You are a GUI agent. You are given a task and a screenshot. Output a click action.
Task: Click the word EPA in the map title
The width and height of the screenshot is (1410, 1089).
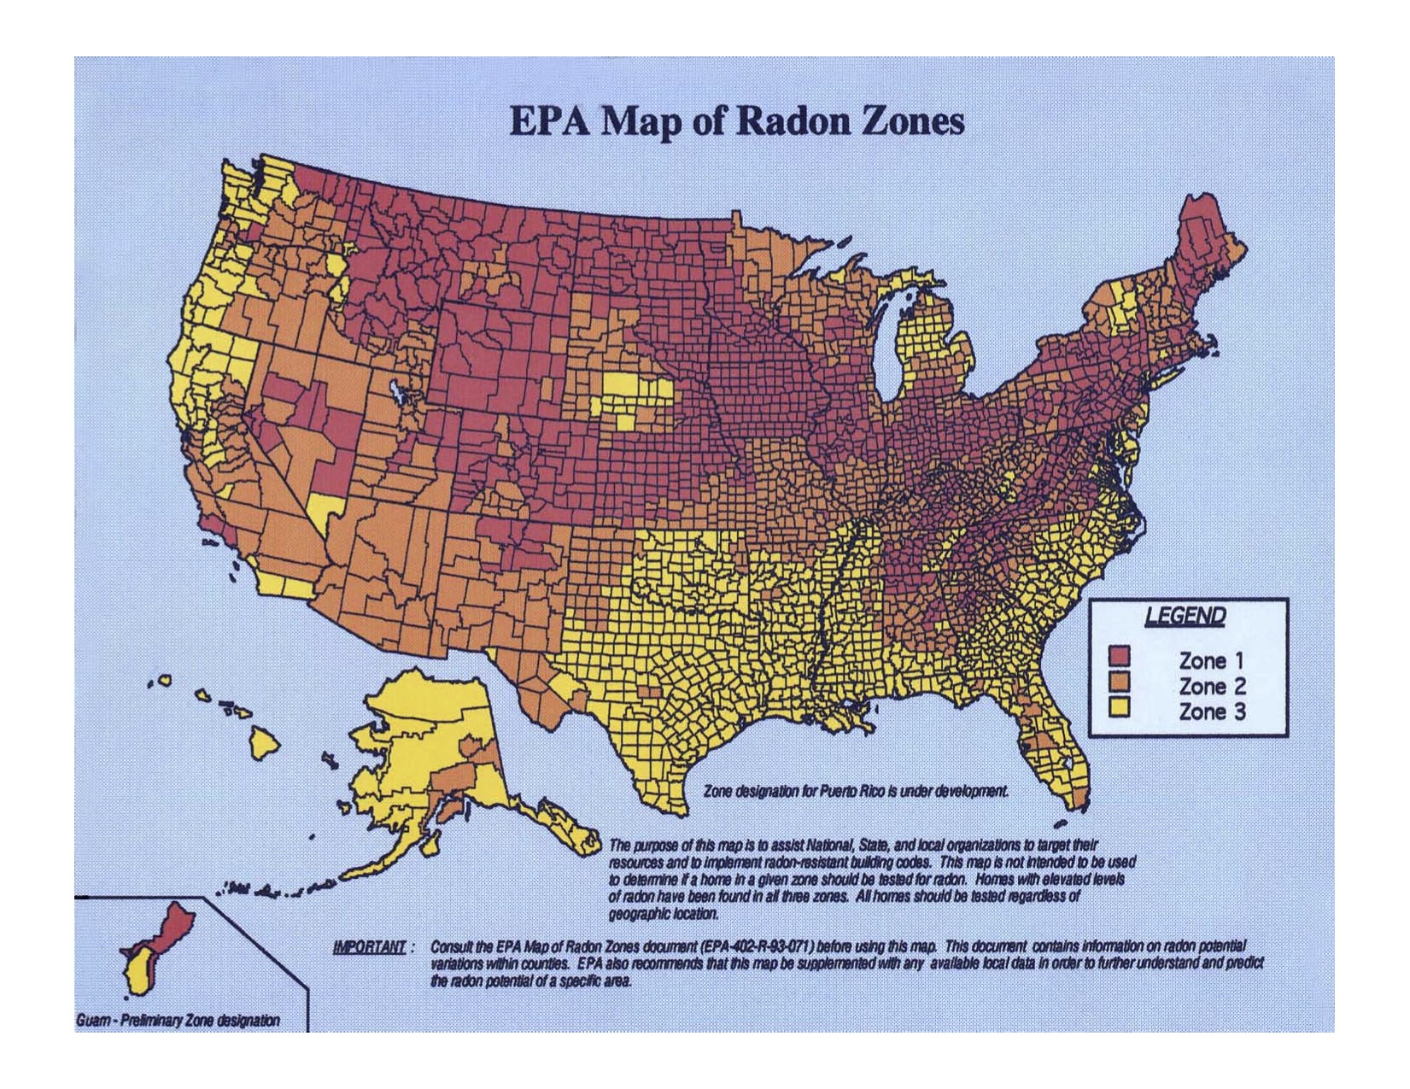[x=551, y=121]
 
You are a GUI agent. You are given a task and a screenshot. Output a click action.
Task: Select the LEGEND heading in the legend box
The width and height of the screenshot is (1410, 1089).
[x=1185, y=617]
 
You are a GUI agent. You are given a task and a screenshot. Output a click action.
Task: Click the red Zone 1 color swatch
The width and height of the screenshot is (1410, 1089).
[x=1119, y=657]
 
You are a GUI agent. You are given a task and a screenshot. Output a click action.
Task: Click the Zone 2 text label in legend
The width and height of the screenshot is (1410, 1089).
[x=1212, y=686]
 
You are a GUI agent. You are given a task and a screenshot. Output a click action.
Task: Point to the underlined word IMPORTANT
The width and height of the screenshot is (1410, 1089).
[x=369, y=947]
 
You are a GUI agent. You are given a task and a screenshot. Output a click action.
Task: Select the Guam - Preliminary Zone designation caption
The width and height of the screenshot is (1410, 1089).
[x=178, y=1021]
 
